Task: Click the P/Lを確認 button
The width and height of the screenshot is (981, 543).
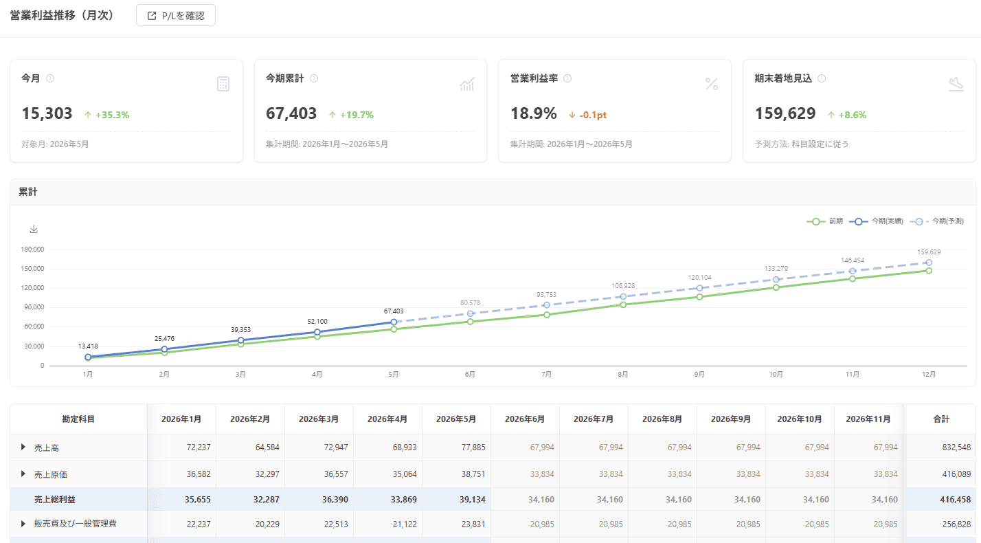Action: pos(176,16)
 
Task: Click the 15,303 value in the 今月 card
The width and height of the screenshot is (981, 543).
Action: pos(47,113)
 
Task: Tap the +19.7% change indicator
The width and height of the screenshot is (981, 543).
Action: pos(351,115)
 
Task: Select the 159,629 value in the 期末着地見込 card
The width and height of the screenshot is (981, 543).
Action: pos(785,113)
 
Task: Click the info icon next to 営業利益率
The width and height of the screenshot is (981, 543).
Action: pos(567,78)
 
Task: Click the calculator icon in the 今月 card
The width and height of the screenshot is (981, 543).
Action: pos(223,84)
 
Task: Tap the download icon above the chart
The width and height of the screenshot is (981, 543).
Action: pos(34,229)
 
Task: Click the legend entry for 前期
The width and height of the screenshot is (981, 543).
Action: pos(824,221)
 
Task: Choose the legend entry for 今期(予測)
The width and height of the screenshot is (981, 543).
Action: pos(937,221)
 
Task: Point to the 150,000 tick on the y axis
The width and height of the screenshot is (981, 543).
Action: pos(32,269)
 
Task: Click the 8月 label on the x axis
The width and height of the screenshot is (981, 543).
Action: pos(623,375)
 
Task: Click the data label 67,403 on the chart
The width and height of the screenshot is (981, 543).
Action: pos(394,311)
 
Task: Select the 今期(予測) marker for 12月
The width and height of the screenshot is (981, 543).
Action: pos(929,263)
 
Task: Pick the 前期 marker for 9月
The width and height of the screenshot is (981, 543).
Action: pos(699,297)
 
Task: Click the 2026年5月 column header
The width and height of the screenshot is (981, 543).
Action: pos(456,419)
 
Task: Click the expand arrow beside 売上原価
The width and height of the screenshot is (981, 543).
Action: pos(23,474)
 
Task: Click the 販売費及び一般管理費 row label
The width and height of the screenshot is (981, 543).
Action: pos(76,524)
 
